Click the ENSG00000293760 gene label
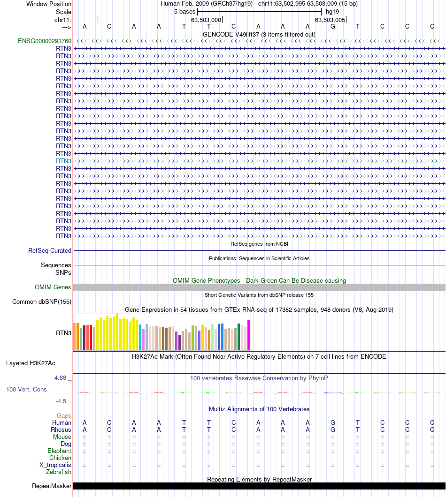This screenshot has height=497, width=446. tap(45, 41)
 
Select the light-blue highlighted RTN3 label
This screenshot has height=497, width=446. tap(63, 161)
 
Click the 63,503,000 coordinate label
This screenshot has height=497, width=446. tap(206, 20)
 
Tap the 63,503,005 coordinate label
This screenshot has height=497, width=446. tap(330, 20)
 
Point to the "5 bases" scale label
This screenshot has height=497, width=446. tap(185, 11)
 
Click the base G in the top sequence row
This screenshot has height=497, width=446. tap(333, 26)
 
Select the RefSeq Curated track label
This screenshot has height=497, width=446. tap(50, 250)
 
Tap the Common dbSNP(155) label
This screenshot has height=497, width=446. tap(42, 301)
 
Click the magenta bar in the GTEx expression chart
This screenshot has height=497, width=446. tap(249, 335)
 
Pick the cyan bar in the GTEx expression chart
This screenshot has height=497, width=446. tap(140, 337)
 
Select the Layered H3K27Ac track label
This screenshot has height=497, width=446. tap(31, 363)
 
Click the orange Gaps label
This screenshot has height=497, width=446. tap(64, 415)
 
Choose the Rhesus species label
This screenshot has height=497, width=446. tap(61, 429)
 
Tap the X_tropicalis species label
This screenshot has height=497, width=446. tap(55, 465)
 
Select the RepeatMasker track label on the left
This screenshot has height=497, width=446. tap(52, 486)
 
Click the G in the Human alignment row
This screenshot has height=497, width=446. tap(333, 422)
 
